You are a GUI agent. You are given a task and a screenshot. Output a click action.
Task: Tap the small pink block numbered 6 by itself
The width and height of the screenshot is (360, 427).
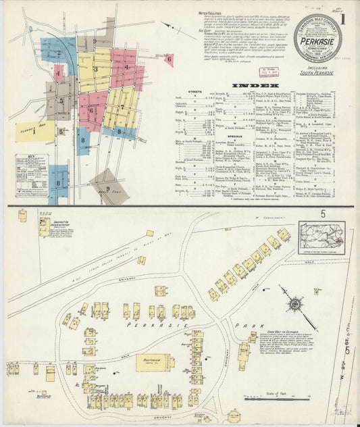(x=169, y=59)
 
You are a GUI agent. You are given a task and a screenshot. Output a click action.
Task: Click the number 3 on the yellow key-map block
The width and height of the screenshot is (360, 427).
(x=95, y=69)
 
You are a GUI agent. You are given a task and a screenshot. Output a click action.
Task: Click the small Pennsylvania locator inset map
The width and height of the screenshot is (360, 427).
(x=322, y=237)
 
